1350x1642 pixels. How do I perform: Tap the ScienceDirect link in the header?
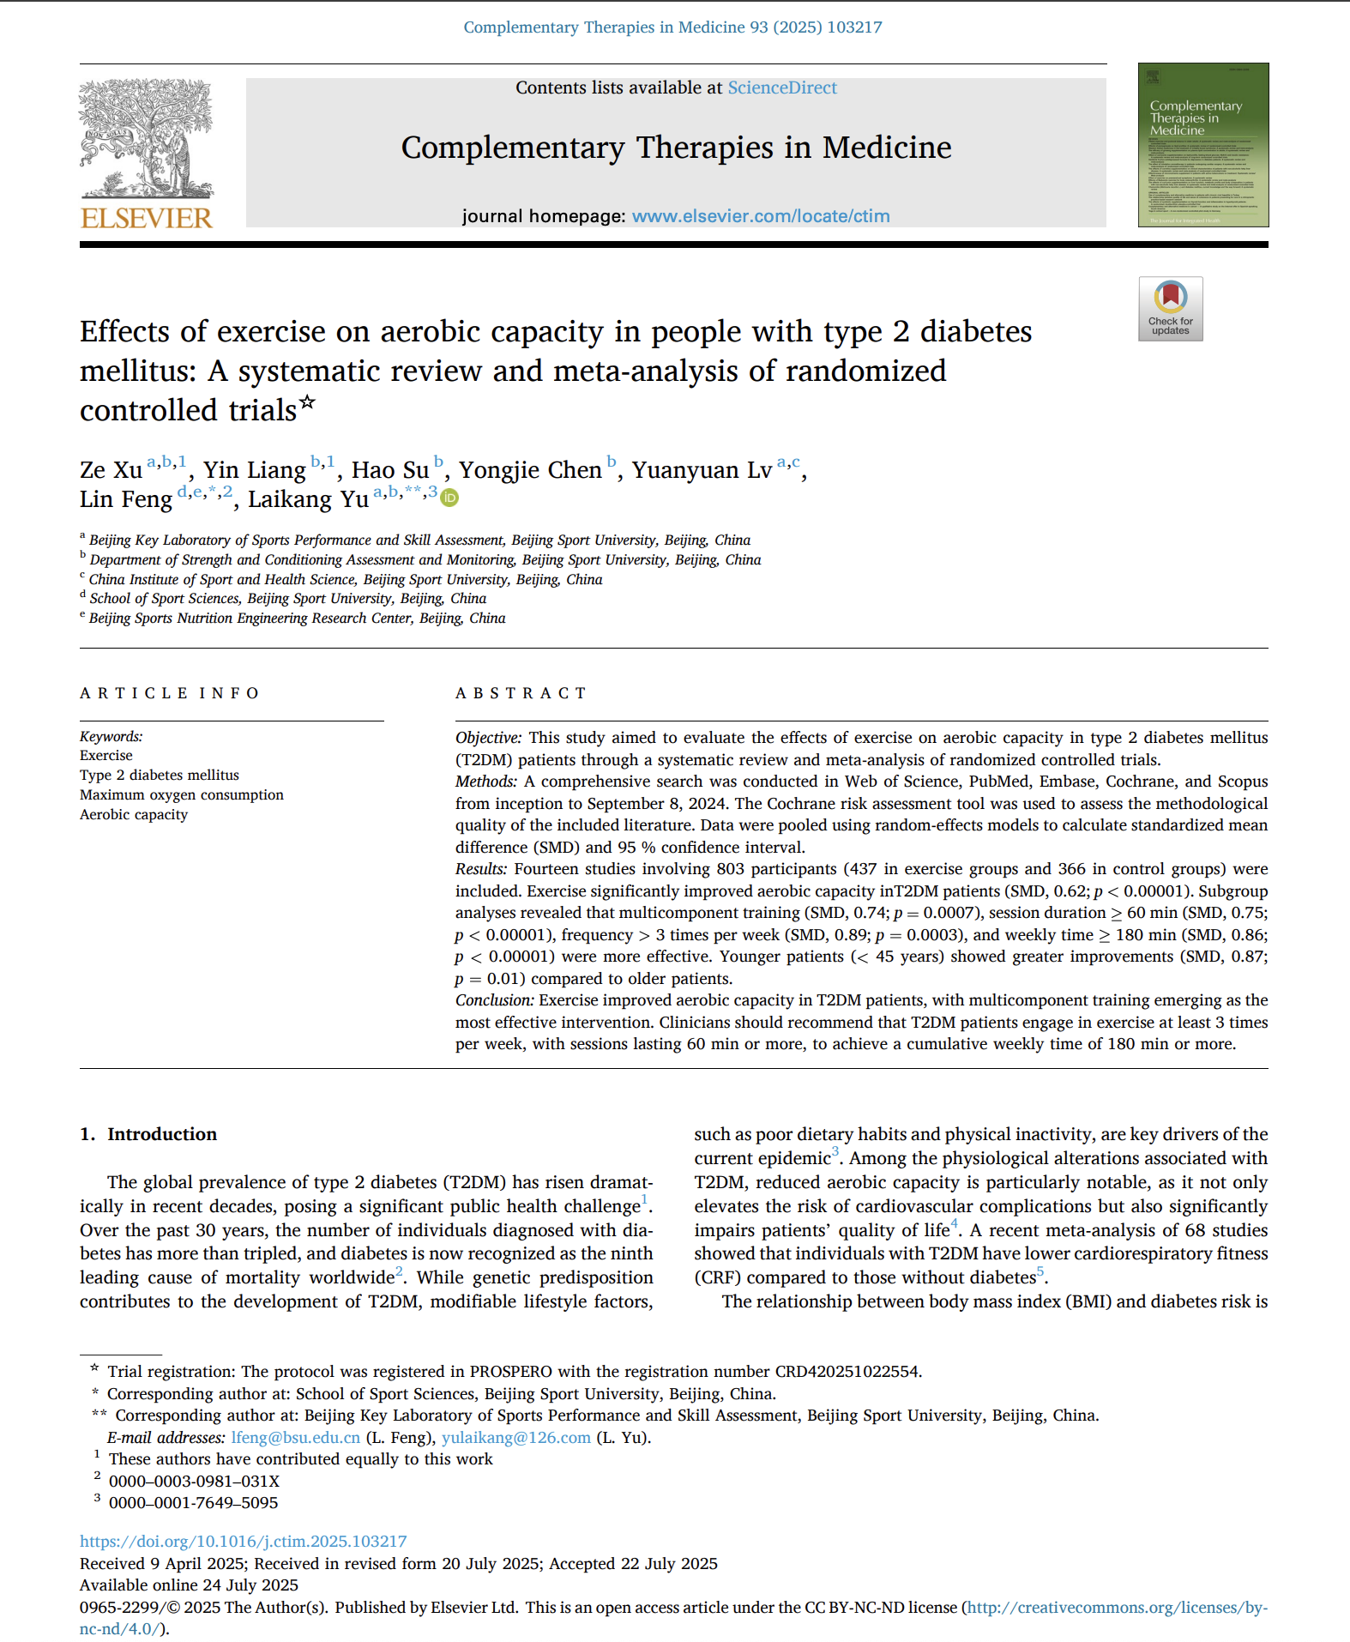click(x=781, y=88)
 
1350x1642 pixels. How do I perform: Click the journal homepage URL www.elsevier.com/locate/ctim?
click(x=760, y=216)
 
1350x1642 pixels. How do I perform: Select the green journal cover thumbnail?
click(x=1202, y=144)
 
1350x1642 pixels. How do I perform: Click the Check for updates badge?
click(x=1170, y=309)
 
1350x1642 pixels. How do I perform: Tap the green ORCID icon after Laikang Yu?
click(x=449, y=498)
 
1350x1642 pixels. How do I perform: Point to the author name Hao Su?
click(x=390, y=470)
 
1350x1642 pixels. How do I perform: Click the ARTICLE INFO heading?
click(x=170, y=693)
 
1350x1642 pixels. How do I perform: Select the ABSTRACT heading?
click(x=521, y=693)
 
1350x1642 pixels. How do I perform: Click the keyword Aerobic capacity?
click(x=134, y=814)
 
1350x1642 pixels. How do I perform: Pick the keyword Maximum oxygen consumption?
click(x=181, y=794)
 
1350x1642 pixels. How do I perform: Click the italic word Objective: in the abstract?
click(x=488, y=738)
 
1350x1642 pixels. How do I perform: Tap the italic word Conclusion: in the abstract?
click(x=495, y=1000)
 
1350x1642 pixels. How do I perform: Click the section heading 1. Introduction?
click(x=148, y=1134)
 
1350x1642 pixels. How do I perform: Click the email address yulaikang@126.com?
click(x=515, y=1437)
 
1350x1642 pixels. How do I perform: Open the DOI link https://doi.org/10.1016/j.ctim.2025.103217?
click(x=243, y=1542)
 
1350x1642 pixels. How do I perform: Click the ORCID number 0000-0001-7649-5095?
click(x=193, y=1502)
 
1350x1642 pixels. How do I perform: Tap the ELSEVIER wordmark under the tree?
click(x=146, y=218)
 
